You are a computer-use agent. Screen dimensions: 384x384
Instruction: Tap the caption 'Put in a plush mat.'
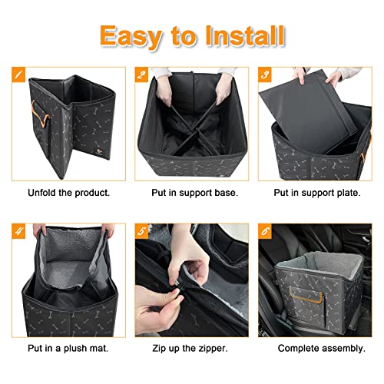[x=68, y=348]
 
